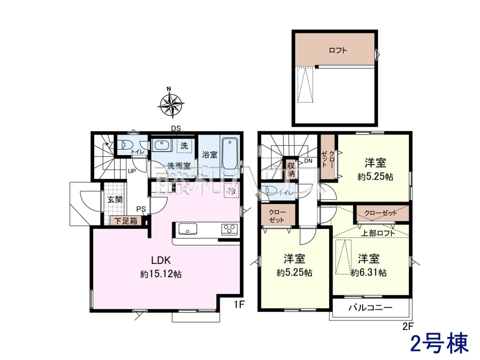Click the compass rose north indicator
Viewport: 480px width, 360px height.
169,89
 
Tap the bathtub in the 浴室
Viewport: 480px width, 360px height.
230,157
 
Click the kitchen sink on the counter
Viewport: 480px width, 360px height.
188,229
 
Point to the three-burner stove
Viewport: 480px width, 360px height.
229,230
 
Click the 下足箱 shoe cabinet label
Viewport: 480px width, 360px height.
126,221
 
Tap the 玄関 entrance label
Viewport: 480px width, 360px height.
115,200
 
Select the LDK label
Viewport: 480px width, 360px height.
161,260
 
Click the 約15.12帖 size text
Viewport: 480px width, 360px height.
161,274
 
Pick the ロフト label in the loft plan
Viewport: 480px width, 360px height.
338,50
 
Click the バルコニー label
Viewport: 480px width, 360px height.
370,308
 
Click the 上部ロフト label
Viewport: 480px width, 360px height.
378,233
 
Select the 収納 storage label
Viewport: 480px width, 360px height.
291,170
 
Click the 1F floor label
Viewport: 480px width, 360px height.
239,304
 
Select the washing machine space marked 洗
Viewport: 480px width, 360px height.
184,146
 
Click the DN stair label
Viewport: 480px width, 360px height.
308,161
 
